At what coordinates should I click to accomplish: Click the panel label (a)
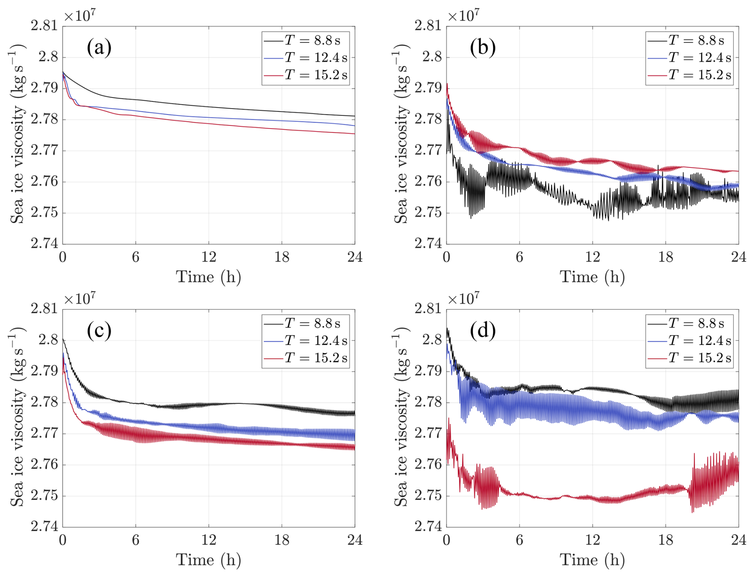(99, 47)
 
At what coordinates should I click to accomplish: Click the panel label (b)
(483, 47)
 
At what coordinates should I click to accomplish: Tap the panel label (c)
(99, 330)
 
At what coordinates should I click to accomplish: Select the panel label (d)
(483, 330)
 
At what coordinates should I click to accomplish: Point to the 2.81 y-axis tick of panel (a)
(44, 26)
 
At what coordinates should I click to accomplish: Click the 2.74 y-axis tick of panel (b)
(428, 244)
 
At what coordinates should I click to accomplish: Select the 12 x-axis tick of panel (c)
(208, 540)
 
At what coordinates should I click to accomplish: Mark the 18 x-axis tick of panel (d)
(666, 540)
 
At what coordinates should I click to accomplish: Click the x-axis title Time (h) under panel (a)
(208, 277)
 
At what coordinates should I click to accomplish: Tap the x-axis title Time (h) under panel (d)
(592, 560)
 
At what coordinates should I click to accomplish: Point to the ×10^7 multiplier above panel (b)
(463, 16)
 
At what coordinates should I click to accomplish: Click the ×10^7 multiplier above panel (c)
(80, 299)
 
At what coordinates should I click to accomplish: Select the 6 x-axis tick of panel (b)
(519, 257)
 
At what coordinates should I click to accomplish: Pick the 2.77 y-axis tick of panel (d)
(428, 433)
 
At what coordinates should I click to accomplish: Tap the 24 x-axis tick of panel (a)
(355, 257)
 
